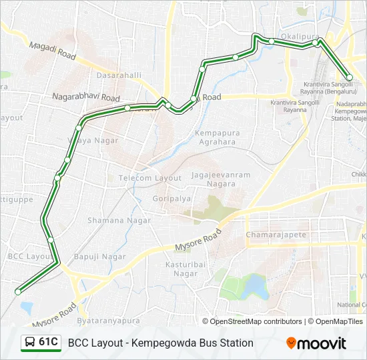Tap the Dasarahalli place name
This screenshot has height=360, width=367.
(119, 75)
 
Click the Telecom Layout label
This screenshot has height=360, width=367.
(149, 178)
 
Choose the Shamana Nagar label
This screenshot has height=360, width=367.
(115, 220)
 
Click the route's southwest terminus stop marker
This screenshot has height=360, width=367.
(18, 291)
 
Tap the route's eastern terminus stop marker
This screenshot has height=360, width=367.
(349, 77)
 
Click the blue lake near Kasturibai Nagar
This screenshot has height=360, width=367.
(254, 287)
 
